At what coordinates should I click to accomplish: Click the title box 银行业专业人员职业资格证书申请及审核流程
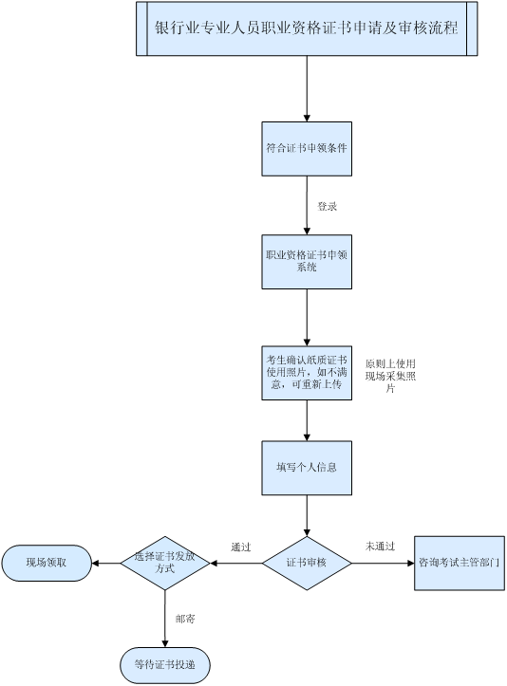307,28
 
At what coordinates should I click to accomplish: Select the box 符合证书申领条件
307,149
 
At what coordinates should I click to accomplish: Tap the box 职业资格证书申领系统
307,262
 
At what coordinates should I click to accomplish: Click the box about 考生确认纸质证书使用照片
307,373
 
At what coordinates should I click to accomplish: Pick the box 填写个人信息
307,468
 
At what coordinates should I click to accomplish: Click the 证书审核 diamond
307,563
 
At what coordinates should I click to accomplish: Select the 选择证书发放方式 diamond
165,563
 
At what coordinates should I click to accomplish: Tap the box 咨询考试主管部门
460,563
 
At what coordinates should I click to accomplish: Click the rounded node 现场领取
47,563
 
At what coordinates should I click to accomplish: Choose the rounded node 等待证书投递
165,665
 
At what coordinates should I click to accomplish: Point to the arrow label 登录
327,206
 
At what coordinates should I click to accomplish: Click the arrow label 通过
241,547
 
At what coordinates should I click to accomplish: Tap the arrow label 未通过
380,546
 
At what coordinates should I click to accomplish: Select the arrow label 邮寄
185,619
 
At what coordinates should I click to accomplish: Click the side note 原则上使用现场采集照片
390,376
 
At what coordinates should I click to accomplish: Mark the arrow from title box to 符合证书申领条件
307,89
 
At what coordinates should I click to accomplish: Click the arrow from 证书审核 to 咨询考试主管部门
383,563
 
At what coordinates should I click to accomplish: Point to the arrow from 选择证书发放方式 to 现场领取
106,563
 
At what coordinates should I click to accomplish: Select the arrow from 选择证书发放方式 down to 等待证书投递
165,619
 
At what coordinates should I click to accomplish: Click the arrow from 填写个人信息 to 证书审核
307,516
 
